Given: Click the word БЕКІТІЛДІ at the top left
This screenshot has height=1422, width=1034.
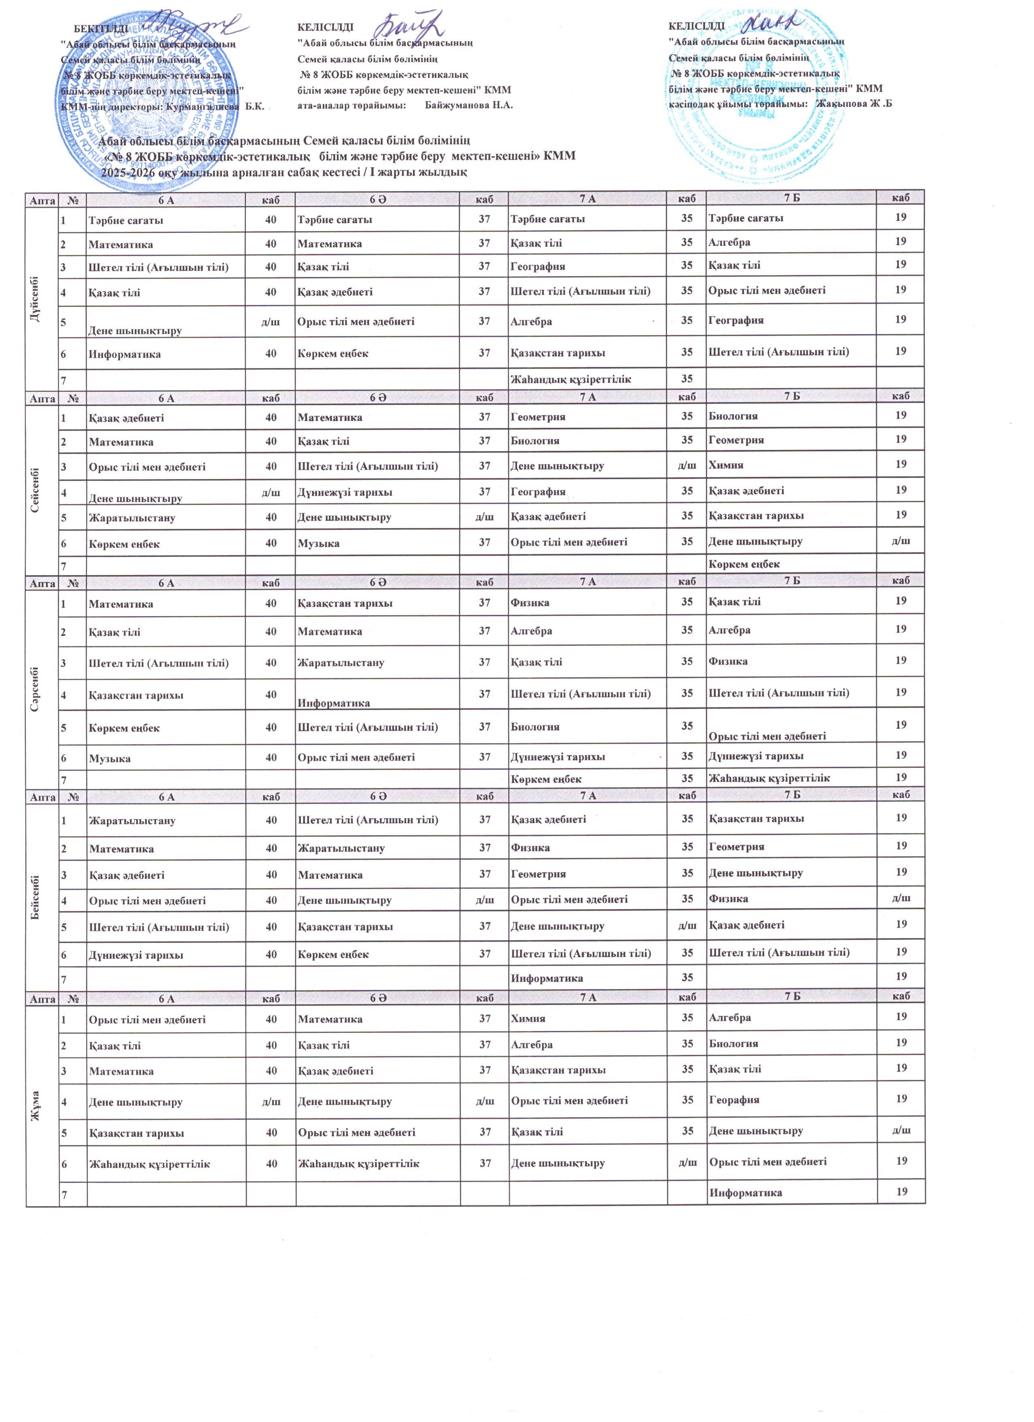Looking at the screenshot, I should [102, 28].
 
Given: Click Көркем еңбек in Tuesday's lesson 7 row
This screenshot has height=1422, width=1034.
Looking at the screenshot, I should [743, 564].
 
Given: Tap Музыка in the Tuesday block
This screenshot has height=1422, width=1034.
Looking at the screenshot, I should [318, 543].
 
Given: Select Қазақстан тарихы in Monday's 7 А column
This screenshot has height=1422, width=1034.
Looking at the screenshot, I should [558, 353].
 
